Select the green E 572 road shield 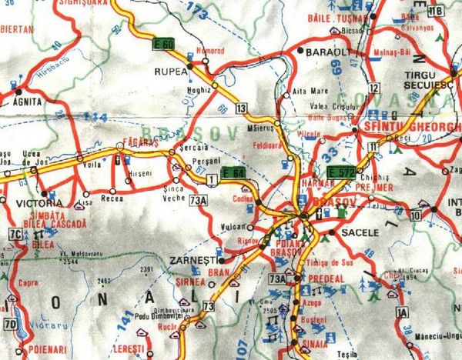pos(341,171)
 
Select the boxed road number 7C pos(13,234)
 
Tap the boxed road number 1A pos(400,312)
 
